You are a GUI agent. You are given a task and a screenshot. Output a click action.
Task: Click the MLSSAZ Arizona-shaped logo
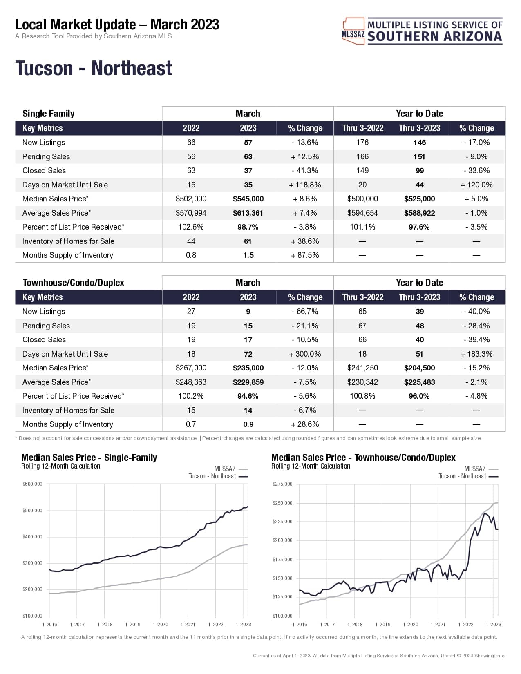click(x=353, y=31)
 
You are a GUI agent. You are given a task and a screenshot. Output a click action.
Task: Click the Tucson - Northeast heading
click(x=94, y=68)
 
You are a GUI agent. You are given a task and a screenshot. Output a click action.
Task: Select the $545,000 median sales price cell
click(x=248, y=199)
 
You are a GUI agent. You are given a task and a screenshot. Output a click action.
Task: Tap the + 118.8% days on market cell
click(x=305, y=185)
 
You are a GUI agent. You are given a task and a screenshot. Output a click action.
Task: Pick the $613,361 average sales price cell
click(x=248, y=213)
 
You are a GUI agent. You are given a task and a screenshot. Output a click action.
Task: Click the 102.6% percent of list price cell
click(x=191, y=227)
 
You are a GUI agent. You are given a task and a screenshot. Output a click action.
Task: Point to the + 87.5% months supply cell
click(x=305, y=255)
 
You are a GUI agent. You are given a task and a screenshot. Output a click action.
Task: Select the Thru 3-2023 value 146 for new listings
click(x=419, y=143)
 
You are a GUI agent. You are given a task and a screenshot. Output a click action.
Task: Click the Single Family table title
click(x=48, y=114)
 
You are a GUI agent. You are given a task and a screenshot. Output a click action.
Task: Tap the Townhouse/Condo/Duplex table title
click(x=73, y=283)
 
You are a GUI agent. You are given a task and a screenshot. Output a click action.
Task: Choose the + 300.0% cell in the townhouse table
click(x=305, y=354)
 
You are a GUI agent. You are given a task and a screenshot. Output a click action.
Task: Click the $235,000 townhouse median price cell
click(x=248, y=368)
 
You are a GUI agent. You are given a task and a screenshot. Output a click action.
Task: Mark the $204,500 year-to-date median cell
click(x=419, y=368)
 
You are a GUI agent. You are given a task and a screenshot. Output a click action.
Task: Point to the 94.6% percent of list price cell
click(x=248, y=396)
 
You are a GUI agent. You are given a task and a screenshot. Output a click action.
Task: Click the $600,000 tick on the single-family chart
click(x=33, y=484)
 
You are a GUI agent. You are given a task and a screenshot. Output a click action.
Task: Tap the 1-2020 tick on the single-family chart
click(x=160, y=625)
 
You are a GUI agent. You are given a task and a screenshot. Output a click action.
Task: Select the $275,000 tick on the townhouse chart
click(x=282, y=484)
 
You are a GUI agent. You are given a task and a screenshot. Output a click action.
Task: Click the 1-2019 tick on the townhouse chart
click(x=382, y=625)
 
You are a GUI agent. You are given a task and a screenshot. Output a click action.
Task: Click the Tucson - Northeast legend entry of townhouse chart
click(x=468, y=476)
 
